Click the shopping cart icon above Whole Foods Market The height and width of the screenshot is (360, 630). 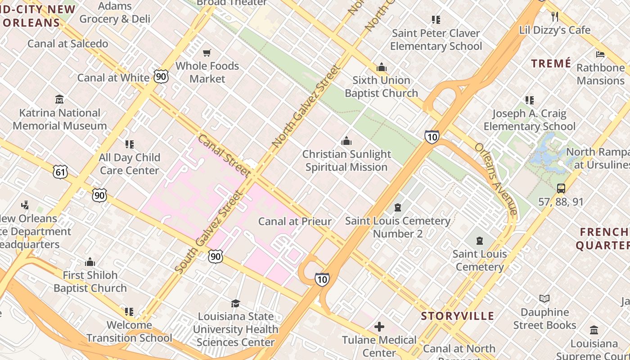point(207,53)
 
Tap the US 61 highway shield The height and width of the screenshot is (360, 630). point(60,171)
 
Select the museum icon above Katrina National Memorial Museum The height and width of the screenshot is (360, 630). point(59,99)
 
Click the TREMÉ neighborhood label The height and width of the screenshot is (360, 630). point(551,63)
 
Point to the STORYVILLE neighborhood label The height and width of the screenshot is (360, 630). point(458,316)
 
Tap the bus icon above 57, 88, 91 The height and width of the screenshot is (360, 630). point(561,189)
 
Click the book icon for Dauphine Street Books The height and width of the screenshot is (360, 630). point(544,299)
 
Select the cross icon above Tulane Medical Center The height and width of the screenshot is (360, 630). point(379,326)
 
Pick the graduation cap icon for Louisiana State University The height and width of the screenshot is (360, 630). point(235,303)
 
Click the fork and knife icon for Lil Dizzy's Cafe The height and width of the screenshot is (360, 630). point(555,17)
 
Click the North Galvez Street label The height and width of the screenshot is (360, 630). point(305,106)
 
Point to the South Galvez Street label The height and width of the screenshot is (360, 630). point(208,232)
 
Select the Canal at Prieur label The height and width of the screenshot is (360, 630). point(295,221)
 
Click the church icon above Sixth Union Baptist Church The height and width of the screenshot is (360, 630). point(382,67)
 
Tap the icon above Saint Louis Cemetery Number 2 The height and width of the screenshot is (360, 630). point(398,207)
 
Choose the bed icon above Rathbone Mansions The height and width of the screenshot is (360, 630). point(600,54)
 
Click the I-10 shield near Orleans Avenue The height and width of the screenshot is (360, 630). point(432,137)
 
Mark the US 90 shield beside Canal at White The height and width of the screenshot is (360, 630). point(161,76)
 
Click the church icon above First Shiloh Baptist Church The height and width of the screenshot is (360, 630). point(90,262)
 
